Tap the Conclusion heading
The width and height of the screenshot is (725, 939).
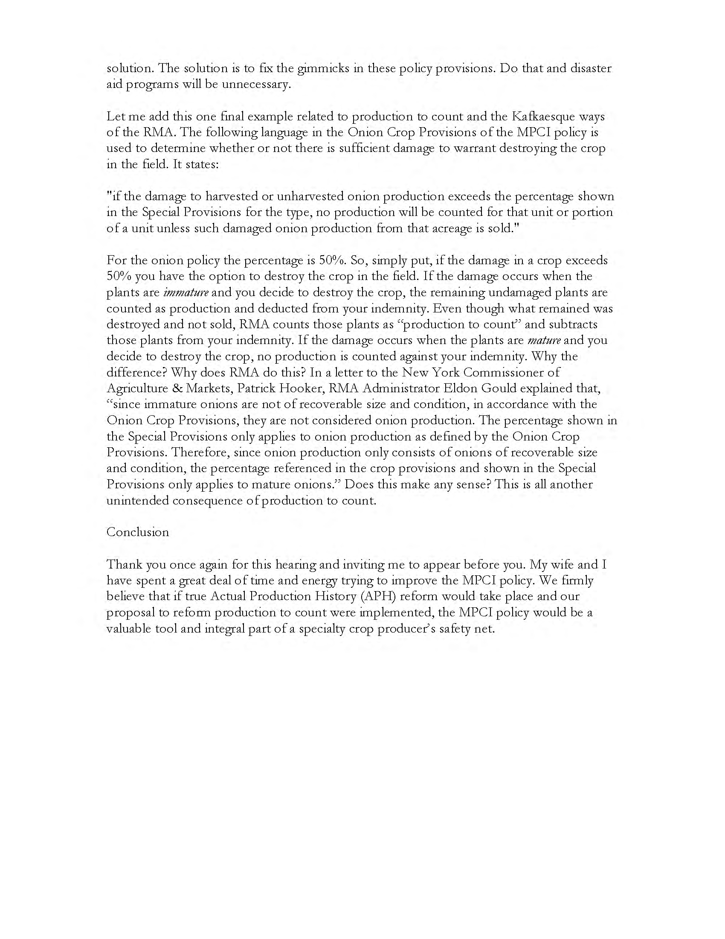(137, 532)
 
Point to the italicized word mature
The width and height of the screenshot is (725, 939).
(544, 341)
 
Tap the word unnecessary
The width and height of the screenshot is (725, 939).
(256, 84)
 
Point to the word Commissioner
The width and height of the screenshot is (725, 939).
(511, 372)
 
